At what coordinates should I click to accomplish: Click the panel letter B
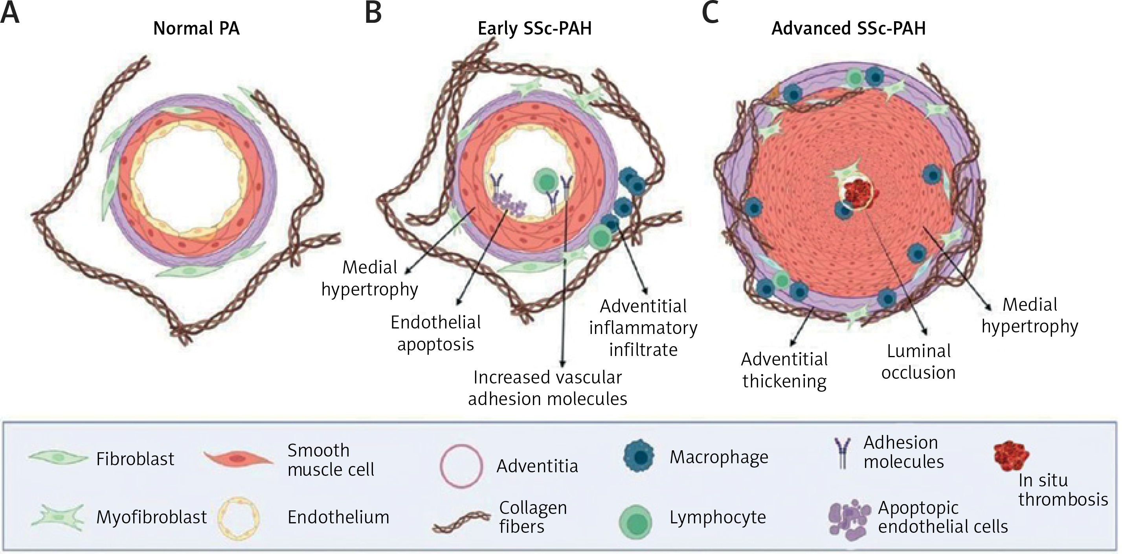(373, 13)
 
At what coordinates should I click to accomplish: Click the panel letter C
(710, 13)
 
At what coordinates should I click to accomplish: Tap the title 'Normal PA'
(196, 29)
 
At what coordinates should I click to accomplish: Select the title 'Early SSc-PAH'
(534, 29)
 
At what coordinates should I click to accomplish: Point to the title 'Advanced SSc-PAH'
(848, 29)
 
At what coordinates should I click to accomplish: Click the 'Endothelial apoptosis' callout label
(435, 333)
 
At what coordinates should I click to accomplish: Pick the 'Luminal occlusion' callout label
(918, 362)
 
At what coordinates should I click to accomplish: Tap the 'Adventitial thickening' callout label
(784, 370)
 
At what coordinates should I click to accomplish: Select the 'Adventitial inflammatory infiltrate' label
(643, 328)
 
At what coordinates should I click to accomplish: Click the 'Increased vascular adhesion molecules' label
(547, 388)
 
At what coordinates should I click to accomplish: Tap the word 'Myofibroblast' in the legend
(152, 517)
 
